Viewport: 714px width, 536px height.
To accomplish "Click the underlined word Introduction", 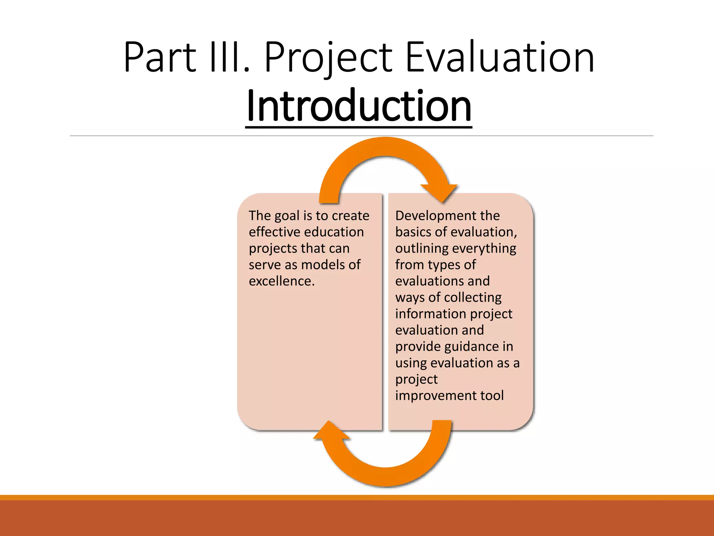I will tap(358, 106).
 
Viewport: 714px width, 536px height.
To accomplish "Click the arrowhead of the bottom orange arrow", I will tap(329, 431).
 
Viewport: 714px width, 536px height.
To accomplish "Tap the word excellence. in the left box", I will tap(281, 281).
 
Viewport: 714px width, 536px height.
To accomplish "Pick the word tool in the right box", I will tap(492, 396).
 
